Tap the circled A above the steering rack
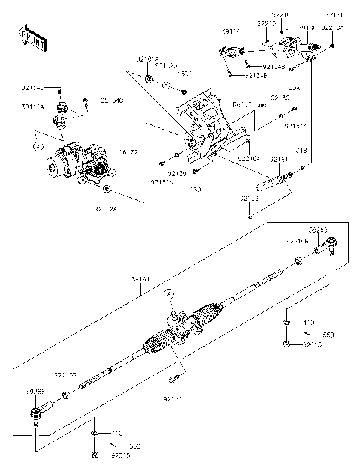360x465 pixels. click(169, 292)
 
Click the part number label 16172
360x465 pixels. click(128, 152)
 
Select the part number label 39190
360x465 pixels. click(307, 27)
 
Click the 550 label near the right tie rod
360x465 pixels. click(328, 334)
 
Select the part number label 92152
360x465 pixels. click(250, 199)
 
